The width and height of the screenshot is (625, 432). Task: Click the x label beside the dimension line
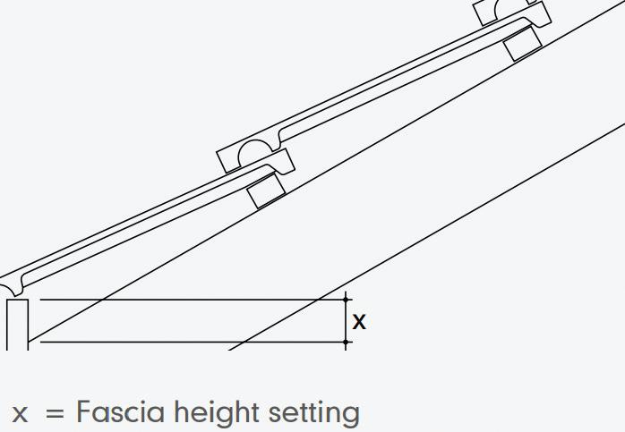(359, 322)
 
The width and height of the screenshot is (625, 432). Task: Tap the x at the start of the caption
(20, 414)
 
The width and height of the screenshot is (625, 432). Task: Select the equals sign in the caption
(55, 414)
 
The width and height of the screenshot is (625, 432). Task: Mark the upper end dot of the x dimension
(347, 300)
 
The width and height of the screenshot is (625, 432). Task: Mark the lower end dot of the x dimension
(347, 342)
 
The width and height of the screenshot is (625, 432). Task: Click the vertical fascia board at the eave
(18, 324)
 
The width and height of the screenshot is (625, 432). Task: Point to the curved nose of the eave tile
(11, 281)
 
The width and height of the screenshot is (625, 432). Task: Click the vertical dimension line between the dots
(347, 320)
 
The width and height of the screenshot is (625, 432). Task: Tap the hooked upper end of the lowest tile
(281, 165)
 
